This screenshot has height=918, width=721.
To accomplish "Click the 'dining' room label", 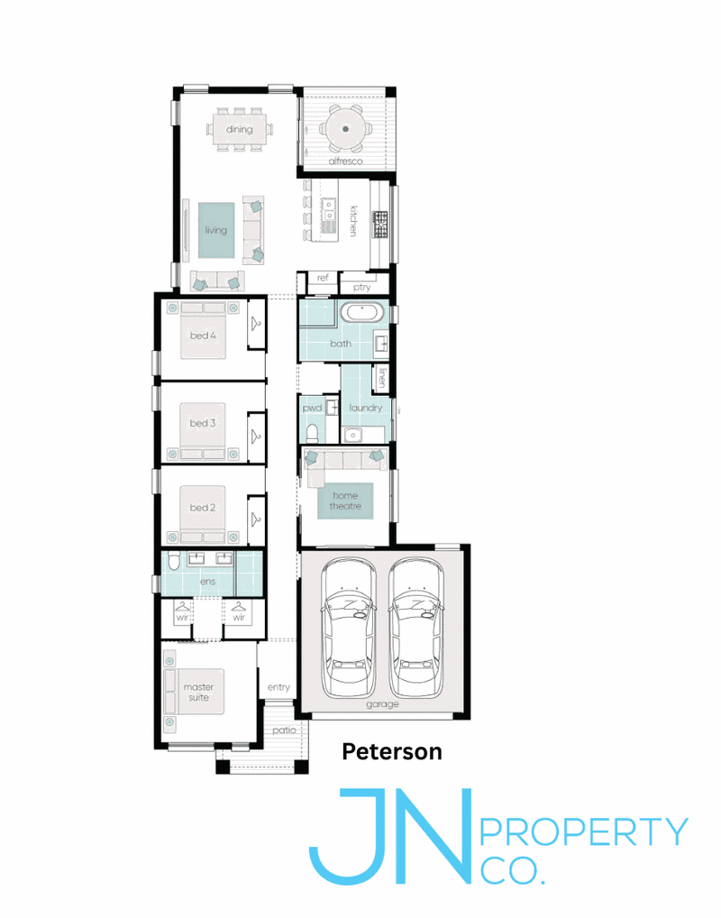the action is [x=240, y=129].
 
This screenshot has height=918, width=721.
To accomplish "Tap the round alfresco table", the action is [x=346, y=129].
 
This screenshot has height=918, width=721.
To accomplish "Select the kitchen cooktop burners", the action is [x=380, y=225].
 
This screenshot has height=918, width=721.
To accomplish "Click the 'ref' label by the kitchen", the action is [x=323, y=278].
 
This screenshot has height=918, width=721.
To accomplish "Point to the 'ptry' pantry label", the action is [x=361, y=287].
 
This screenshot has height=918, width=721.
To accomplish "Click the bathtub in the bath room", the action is [x=365, y=313].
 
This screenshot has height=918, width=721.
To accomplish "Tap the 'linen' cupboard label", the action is [x=381, y=377].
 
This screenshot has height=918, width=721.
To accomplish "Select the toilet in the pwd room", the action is [x=313, y=433].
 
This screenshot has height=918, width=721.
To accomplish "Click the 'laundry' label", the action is [x=365, y=408].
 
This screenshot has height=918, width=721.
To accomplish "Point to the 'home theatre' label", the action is [x=345, y=500].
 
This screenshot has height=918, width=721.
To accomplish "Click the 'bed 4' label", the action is [x=203, y=335].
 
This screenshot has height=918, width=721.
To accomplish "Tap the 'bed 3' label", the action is [x=203, y=423].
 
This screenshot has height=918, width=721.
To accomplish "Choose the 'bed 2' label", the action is [x=203, y=508].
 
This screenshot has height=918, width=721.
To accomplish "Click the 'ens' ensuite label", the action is [x=208, y=582].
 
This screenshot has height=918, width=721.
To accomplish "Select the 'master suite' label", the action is [x=198, y=692].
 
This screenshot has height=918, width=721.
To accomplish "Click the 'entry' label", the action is [x=278, y=687].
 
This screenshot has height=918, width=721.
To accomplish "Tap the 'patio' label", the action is [x=284, y=730].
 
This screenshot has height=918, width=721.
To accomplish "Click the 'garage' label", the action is [x=382, y=704].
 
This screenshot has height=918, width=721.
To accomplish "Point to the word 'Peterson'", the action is [x=392, y=752].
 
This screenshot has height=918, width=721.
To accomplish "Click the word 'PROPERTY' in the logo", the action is [x=584, y=831].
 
